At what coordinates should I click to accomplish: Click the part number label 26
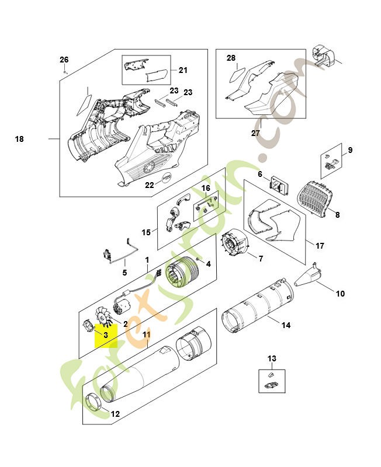click(x=64, y=60)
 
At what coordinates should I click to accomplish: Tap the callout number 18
click(x=19, y=139)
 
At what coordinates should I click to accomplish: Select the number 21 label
click(x=183, y=71)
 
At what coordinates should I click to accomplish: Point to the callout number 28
click(x=231, y=58)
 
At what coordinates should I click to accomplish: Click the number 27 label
click(x=255, y=133)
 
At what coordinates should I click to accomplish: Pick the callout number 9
click(x=350, y=150)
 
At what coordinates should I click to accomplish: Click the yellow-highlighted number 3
click(x=105, y=335)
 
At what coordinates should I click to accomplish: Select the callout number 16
click(x=205, y=188)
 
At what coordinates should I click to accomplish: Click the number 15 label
click(x=146, y=232)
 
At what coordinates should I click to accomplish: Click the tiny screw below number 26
click(x=65, y=71)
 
